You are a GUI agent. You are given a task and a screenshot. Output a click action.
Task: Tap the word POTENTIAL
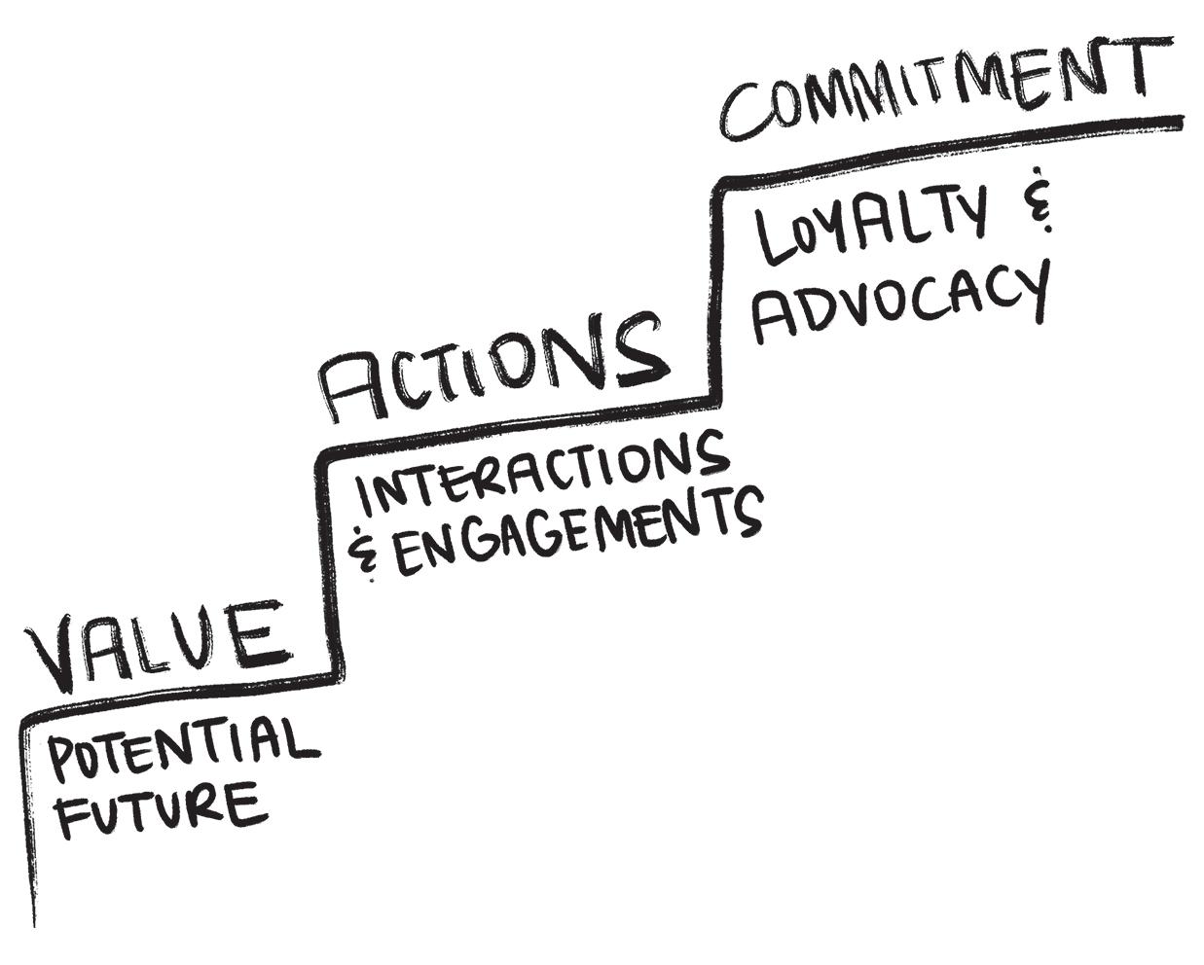pos(183,748)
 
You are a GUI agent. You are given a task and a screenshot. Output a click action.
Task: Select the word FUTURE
pos(159,813)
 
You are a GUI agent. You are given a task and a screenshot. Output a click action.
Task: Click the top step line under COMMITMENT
pos(954,146)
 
